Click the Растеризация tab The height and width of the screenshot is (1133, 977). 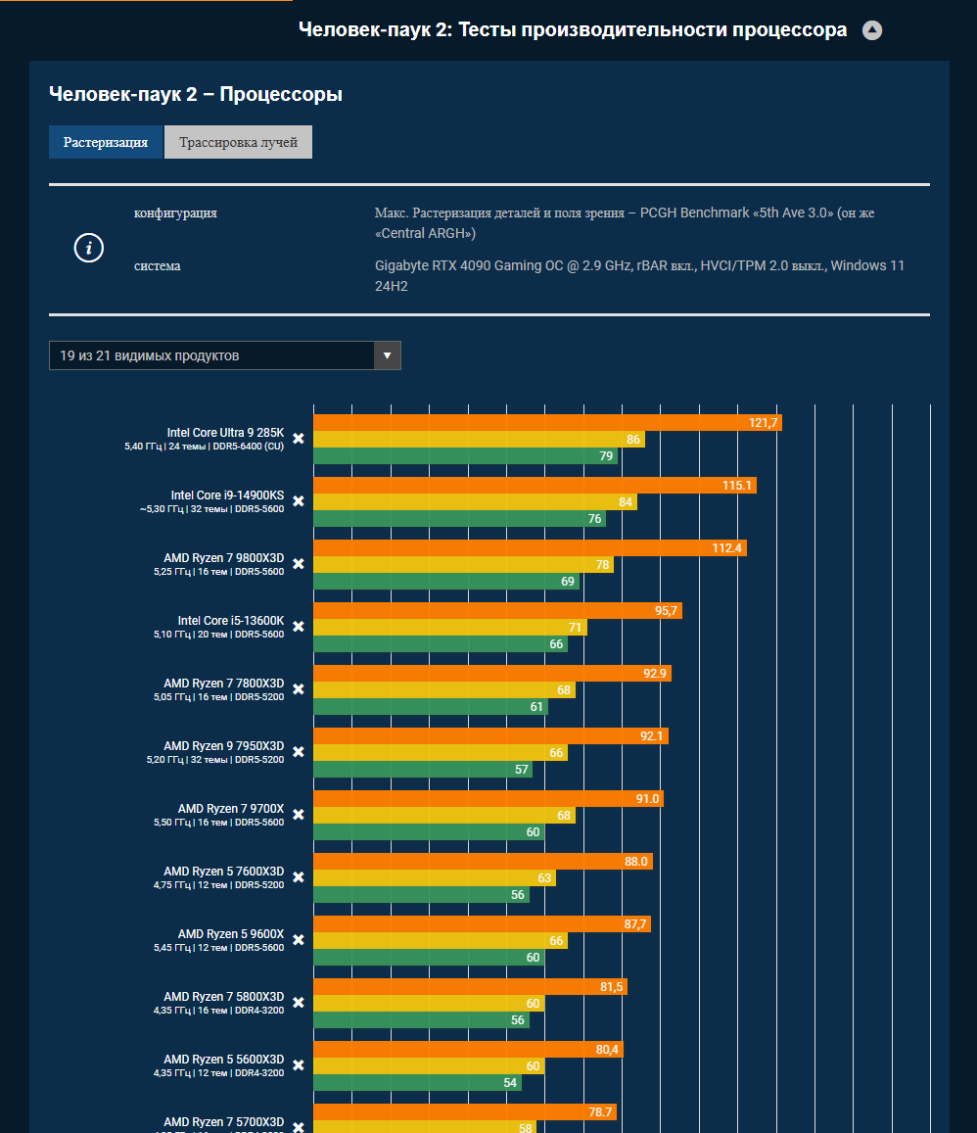[x=106, y=142]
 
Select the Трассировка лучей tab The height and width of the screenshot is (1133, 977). [x=238, y=142]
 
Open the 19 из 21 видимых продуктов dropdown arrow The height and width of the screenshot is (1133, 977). [x=388, y=355]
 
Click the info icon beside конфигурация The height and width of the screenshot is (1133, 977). [x=89, y=249]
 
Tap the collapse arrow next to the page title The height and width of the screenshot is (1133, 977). [x=872, y=30]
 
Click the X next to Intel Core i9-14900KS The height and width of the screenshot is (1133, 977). [x=299, y=501]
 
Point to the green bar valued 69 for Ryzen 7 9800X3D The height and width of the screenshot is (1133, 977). [x=445, y=582]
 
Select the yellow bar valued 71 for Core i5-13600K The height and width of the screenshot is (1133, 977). [x=449, y=628]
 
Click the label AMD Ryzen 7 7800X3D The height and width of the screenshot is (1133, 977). [x=224, y=684]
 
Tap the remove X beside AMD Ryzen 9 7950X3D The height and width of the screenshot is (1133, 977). [x=299, y=752]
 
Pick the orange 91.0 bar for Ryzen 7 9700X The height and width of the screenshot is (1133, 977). [x=488, y=799]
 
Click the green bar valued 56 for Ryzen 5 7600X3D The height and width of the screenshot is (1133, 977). [x=421, y=895]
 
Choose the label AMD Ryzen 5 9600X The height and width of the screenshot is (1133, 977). [x=231, y=934]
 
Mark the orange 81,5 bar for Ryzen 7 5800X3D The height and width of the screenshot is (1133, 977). [x=470, y=987]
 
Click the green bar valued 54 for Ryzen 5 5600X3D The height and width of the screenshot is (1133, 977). [x=417, y=1083]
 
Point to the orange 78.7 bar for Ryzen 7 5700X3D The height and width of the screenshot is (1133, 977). [x=465, y=1112]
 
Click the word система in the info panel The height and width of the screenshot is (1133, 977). [x=158, y=266]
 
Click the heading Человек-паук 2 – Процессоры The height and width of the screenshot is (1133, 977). [x=196, y=95]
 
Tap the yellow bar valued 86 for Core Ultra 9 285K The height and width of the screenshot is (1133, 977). [x=479, y=440]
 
